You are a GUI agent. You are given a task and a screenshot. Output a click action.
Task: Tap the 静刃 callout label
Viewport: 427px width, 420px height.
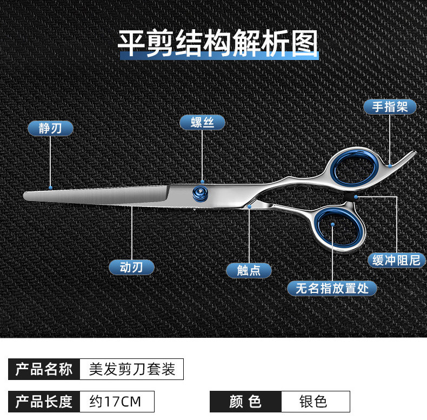click(x=50, y=128)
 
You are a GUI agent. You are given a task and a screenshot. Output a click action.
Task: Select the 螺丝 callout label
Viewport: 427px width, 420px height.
click(x=202, y=122)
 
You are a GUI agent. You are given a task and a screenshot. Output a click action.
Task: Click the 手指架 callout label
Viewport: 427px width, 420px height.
click(x=389, y=106)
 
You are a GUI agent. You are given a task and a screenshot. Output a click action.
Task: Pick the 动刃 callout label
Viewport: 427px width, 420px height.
click(x=131, y=267)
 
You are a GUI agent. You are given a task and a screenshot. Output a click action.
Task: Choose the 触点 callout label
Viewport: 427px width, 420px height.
click(x=249, y=270)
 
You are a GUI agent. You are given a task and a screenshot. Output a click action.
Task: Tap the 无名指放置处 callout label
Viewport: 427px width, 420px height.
click(x=332, y=288)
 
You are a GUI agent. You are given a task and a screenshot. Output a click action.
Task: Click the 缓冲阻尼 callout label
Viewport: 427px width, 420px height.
click(x=396, y=260)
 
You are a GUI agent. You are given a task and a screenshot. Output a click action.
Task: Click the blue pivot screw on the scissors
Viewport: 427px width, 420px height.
click(x=201, y=194)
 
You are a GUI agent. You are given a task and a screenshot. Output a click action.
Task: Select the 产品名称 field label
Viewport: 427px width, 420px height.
click(x=44, y=369)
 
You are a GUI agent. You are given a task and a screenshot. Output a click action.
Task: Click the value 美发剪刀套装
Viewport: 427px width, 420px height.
click(x=131, y=369)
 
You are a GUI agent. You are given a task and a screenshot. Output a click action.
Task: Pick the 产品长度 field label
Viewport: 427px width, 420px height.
click(x=44, y=402)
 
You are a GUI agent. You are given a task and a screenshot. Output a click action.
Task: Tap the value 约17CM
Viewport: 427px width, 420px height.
click(x=116, y=402)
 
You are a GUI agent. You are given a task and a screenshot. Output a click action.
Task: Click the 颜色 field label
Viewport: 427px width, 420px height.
click(x=245, y=402)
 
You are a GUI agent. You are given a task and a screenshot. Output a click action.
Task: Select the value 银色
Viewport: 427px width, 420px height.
click(x=315, y=402)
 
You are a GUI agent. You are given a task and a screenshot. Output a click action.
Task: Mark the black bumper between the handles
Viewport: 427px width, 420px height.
click(x=356, y=197)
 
